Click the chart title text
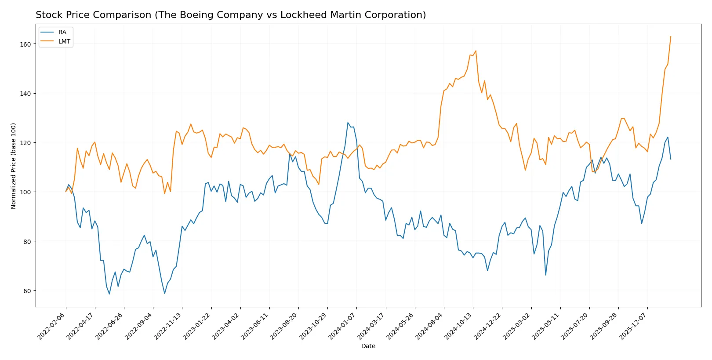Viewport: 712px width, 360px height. [231, 15]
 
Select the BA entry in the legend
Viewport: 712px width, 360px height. [62, 32]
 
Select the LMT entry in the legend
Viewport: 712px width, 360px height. [64, 41]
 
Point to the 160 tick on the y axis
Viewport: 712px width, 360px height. [25, 44]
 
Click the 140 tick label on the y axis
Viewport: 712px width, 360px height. [25, 94]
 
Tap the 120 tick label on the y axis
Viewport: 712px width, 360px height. [25, 143]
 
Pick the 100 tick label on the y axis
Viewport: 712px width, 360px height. [25, 192]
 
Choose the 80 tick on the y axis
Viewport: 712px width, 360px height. [27, 241]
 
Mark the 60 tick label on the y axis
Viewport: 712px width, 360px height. [27, 291]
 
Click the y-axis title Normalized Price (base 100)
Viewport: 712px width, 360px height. [14, 166]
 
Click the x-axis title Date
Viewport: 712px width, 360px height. [368, 346]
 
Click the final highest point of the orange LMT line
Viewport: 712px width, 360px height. [671, 36]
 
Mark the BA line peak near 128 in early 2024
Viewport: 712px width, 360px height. [348, 123]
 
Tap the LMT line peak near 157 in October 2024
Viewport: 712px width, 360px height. [476, 51]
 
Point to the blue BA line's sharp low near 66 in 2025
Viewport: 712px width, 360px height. [545, 275]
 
